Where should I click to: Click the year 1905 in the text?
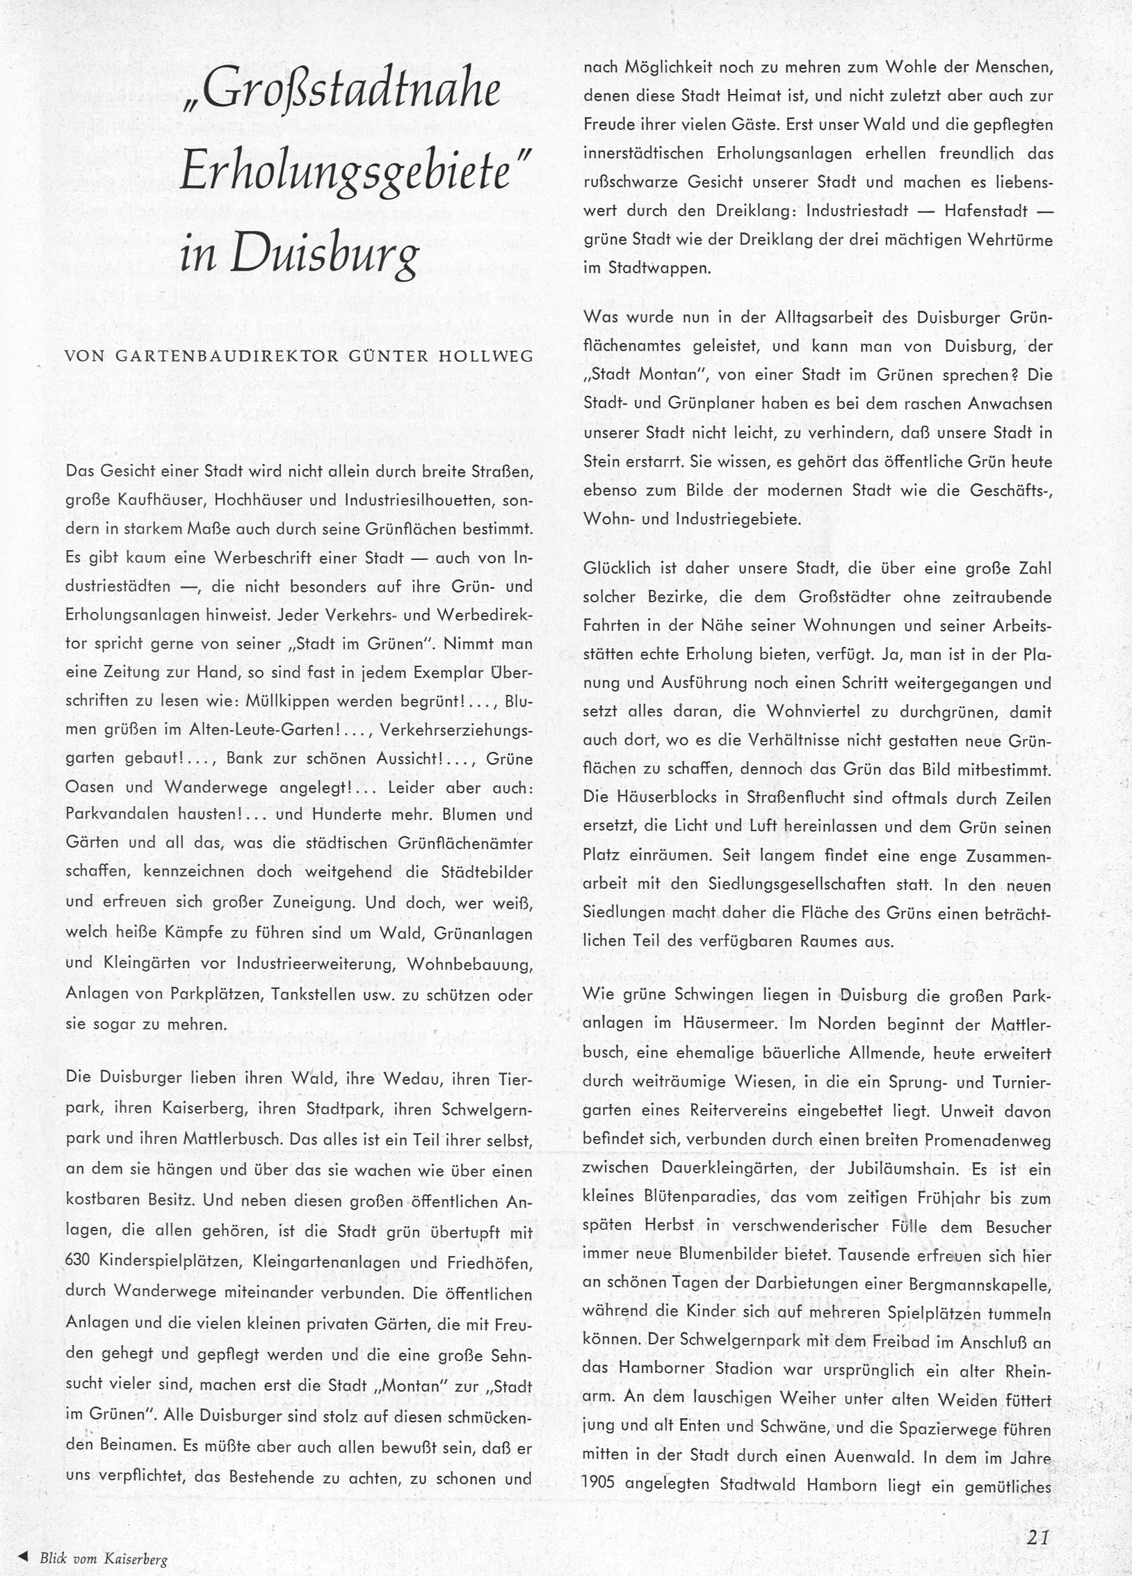[x=599, y=1485]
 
